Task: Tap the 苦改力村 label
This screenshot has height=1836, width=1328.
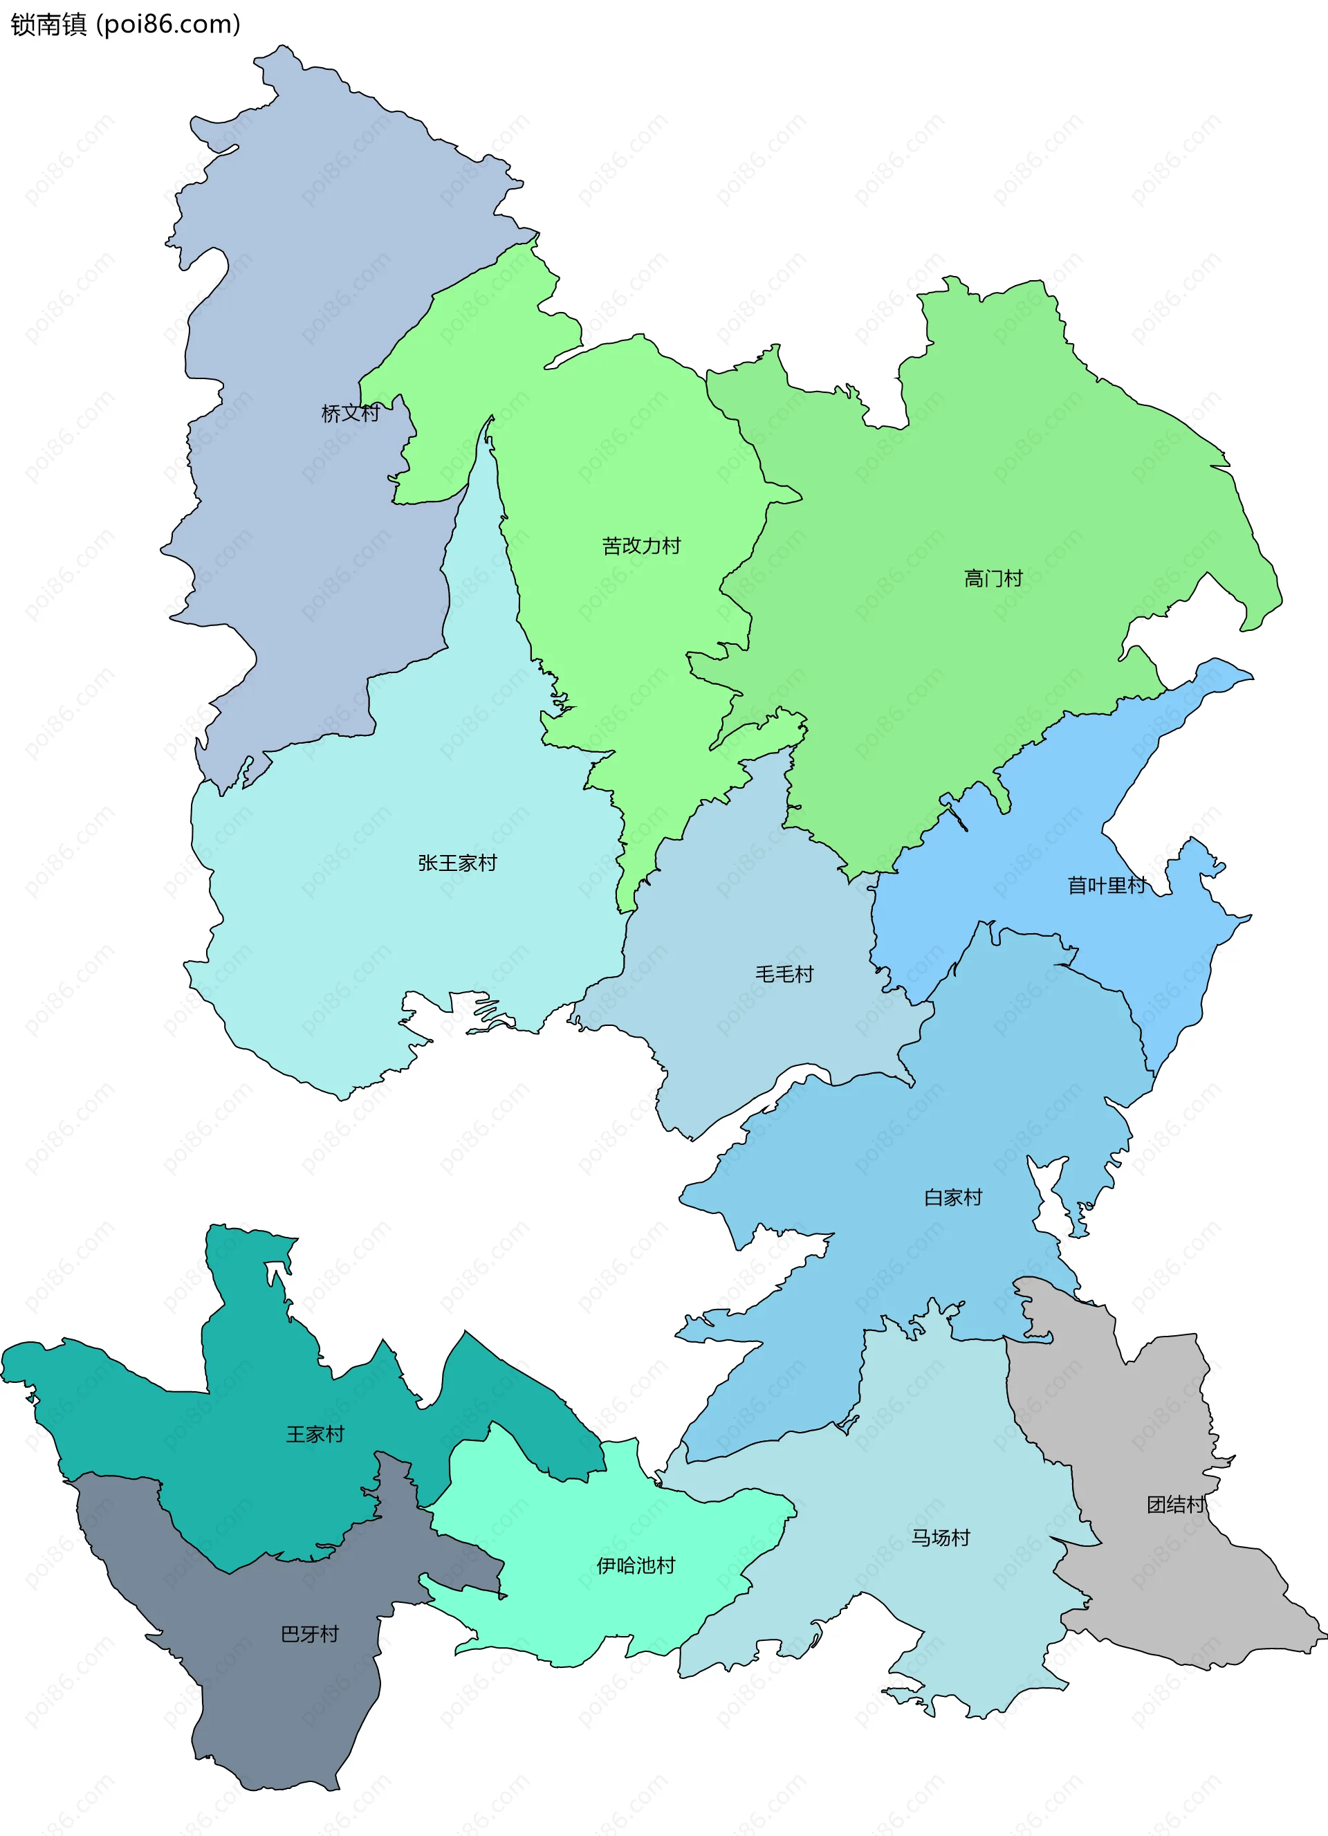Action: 641,547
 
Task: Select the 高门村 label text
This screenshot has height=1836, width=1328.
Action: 993,579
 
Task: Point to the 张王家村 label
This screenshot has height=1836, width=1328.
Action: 457,863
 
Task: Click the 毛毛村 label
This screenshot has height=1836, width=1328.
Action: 784,974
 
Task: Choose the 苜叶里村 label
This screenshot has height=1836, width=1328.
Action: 1106,885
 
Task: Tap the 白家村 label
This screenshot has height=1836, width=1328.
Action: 952,1197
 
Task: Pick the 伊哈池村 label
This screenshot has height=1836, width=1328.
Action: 635,1566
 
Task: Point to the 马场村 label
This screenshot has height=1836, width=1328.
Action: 941,1537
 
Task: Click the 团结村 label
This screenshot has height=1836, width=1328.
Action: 1175,1504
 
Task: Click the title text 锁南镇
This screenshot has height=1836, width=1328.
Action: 48,24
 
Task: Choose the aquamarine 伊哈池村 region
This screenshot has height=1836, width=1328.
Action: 566,1522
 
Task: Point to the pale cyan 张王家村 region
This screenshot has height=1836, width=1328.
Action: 365,931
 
